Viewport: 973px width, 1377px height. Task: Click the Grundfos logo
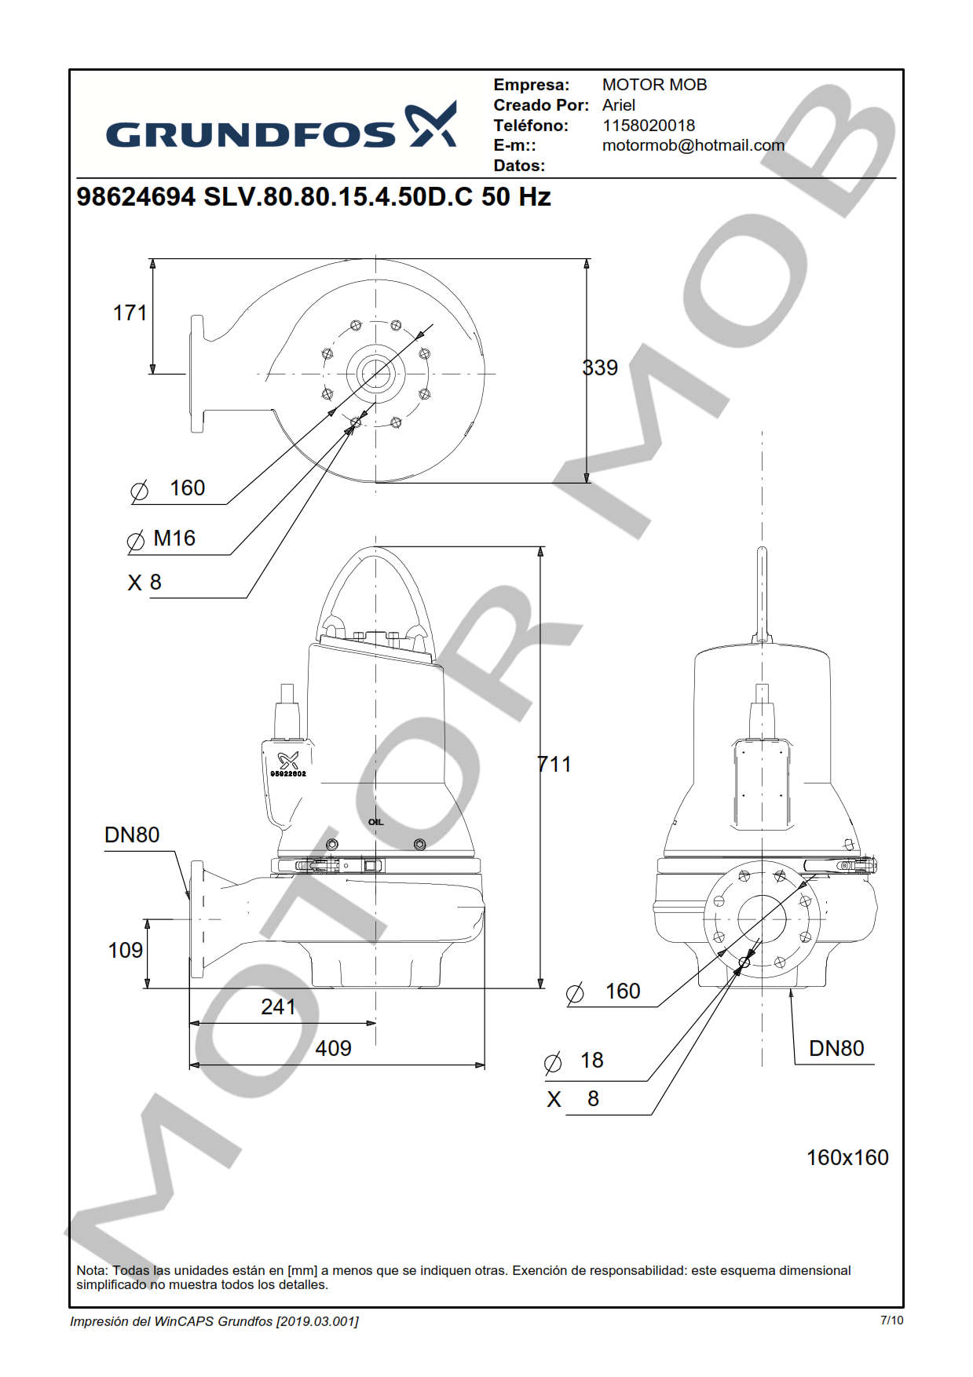coord(281,126)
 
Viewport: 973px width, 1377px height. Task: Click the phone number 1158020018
coord(649,126)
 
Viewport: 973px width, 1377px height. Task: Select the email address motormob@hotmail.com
coord(693,145)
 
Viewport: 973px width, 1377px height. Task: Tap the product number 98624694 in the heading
coord(136,197)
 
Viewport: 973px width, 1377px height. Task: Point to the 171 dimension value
coord(130,313)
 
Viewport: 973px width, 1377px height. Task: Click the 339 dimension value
coord(600,367)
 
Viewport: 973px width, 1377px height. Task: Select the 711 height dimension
coord(554,764)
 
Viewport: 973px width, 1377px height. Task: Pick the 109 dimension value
coord(125,951)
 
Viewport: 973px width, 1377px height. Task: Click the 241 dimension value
coord(278,1007)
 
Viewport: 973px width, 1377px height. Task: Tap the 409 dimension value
coord(333,1049)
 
